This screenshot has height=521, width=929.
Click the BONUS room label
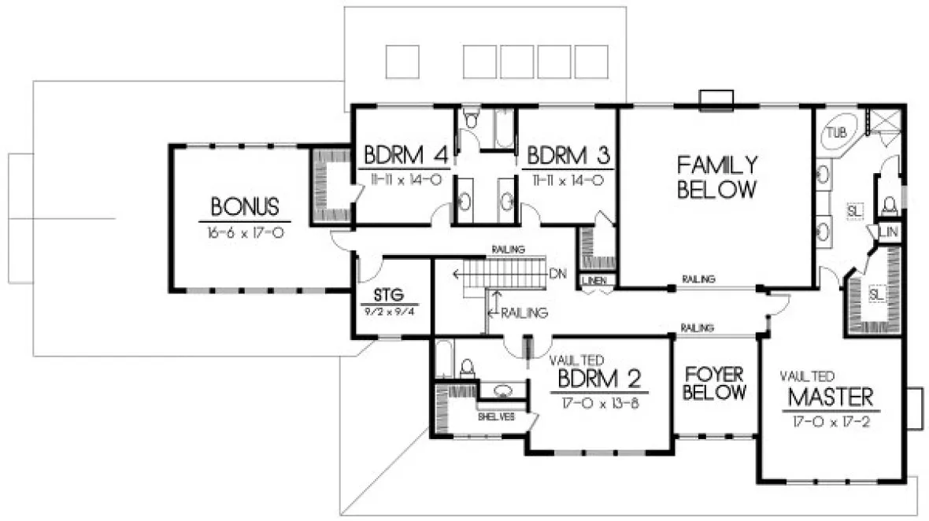click(x=245, y=207)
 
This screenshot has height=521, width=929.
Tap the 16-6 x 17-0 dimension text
click(x=245, y=233)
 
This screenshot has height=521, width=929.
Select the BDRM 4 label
click(x=404, y=153)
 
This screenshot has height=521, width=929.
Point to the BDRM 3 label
click(x=568, y=153)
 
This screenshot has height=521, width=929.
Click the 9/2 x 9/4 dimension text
click(x=389, y=312)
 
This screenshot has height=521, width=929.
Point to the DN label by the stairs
click(x=558, y=274)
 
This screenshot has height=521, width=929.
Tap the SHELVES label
click(x=496, y=417)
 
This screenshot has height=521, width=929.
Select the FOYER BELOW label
click(x=714, y=382)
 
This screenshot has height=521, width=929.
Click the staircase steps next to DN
click(x=504, y=275)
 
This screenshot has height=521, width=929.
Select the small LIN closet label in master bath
click(x=890, y=232)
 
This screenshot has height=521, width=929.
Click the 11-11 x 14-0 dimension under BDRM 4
click(x=404, y=179)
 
